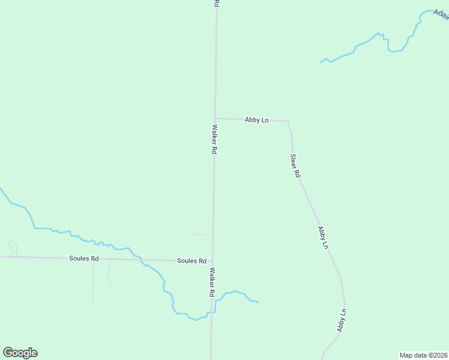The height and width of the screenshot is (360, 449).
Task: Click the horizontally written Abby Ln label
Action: [x=256, y=120]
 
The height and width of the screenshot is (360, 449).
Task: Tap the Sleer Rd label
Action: [x=295, y=166]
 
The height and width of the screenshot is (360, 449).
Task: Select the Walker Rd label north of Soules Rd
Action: [x=214, y=139]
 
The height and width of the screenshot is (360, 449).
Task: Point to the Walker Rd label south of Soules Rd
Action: [x=212, y=283]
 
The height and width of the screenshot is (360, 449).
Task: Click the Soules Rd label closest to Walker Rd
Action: [x=191, y=261]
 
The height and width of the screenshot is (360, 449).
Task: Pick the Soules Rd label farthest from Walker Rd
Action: [x=83, y=259]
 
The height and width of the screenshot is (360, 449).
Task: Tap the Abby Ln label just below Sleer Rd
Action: [x=323, y=238]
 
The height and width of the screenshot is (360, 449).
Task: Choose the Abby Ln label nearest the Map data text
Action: [x=342, y=321]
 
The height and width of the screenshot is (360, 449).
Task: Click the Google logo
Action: [x=20, y=353]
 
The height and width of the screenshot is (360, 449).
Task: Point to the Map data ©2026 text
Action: [x=423, y=355]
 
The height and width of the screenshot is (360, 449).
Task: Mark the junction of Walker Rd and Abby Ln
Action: [x=215, y=118]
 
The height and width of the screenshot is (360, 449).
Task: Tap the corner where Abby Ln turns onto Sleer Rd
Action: [x=289, y=122]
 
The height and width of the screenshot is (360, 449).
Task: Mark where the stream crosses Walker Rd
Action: [x=212, y=313]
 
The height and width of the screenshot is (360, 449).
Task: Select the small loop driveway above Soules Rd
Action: [x=13, y=247]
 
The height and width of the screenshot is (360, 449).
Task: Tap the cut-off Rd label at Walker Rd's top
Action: [x=216, y=4]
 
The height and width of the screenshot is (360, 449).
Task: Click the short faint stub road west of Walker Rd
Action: [x=199, y=233]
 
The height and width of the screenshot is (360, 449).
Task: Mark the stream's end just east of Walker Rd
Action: [x=258, y=302]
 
